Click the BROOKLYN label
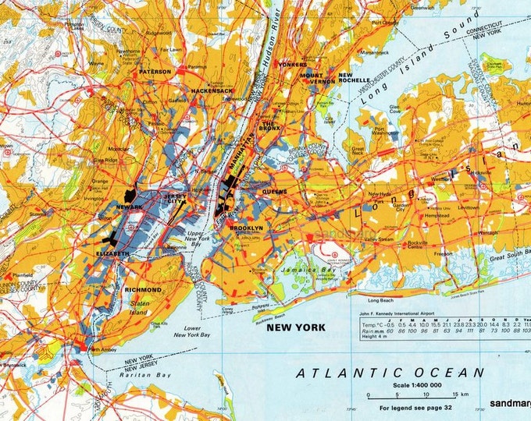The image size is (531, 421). (x=246, y=228)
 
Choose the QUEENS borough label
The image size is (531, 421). (x=275, y=190)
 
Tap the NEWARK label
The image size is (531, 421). (x=130, y=207)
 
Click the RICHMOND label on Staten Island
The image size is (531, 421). (x=142, y=290)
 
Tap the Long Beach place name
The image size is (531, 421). (x=380, y=299)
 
